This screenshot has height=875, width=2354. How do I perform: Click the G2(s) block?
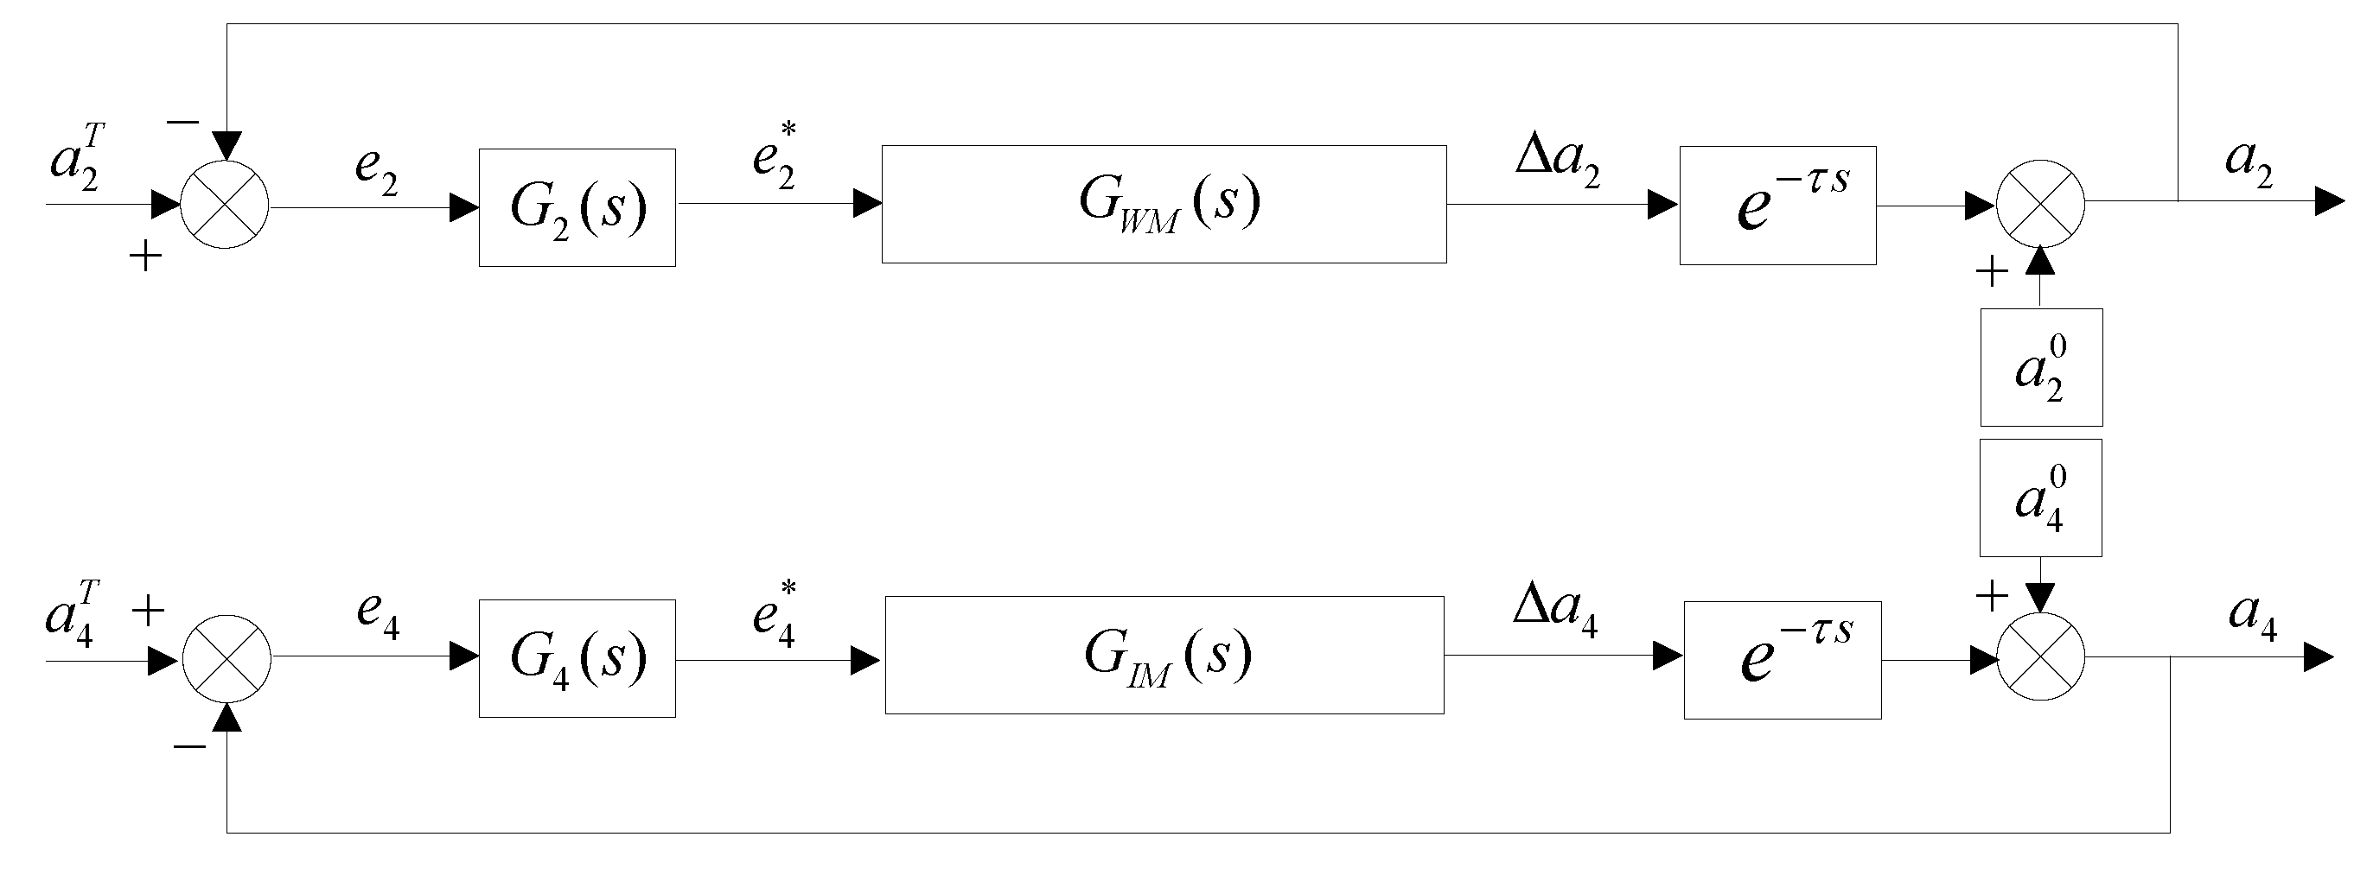577,207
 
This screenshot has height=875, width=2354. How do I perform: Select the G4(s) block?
577,657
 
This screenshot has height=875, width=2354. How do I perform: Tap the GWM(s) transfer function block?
1164,204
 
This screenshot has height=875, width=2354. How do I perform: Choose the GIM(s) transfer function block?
1164,654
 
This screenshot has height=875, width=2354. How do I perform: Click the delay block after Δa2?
1777,205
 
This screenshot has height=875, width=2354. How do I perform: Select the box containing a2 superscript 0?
2040,367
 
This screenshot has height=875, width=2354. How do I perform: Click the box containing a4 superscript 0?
2039,498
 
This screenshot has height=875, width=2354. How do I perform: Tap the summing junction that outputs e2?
225,205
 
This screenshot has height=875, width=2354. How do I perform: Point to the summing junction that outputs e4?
226,658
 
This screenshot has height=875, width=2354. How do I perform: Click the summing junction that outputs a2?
2039,204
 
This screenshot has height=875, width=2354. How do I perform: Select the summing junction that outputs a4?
2040,656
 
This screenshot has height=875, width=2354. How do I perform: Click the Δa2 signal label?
1558,160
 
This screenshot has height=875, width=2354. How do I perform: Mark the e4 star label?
775,613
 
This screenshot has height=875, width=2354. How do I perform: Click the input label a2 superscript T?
78,158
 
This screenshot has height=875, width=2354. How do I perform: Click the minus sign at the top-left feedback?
182,122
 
